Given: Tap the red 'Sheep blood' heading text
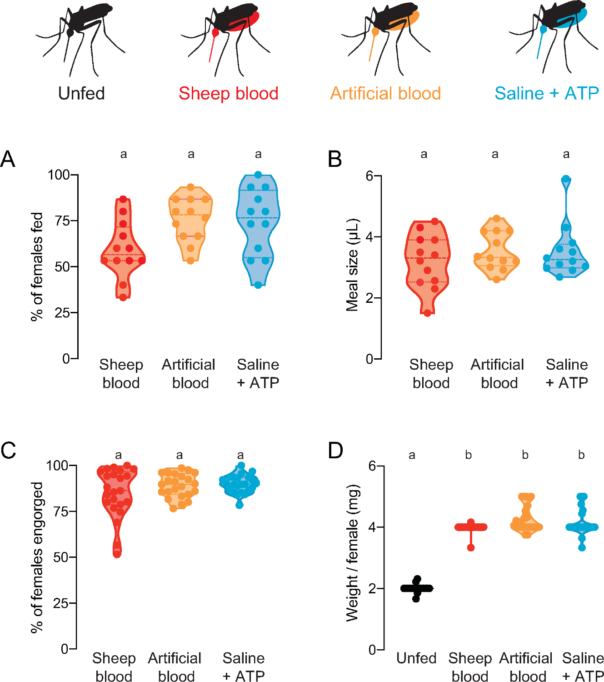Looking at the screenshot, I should coord(228,94).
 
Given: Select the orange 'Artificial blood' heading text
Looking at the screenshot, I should coord(385,94).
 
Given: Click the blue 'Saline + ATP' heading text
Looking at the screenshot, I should coord(546,94).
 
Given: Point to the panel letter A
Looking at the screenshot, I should coord(8,160).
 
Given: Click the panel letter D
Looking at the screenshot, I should coord(335,451).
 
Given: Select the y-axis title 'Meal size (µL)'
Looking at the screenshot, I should coord(352,266).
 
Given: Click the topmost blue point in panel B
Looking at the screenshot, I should coord(565,179).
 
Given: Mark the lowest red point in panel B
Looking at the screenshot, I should coord(427,313).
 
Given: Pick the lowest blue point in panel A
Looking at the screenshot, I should coord(258,285).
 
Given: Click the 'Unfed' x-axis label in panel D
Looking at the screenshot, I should coord(416,658).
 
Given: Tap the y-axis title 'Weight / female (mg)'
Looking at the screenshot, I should coord(352,552).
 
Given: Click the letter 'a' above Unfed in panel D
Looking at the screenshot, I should coord(412,455).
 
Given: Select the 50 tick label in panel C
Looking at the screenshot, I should coord(60,557).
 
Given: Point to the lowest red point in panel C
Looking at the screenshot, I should coord(117,553).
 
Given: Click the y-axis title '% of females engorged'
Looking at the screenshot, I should coord(37,557).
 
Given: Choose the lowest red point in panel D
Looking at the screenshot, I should coord(470,547).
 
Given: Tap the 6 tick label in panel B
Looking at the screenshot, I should coord(370,176).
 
